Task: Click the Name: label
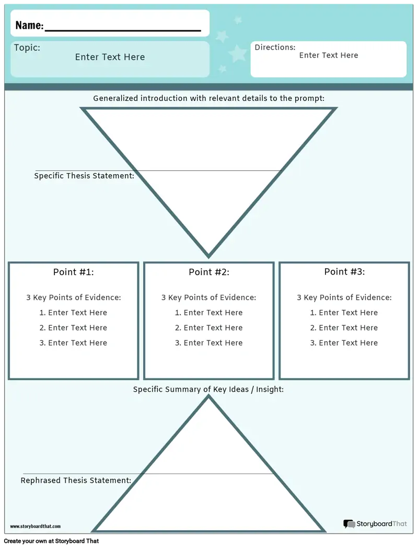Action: [29, 25]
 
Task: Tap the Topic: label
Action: [27, 48]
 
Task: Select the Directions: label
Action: [275, 47]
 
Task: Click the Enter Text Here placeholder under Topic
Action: [110, 57]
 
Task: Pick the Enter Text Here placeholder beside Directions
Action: [329, 55]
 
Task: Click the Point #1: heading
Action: [73, 272]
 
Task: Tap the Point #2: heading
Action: [209, 272]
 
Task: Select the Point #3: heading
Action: [344, 271]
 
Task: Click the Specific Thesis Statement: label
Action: [84, 176]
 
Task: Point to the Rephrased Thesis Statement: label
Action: [76, 481]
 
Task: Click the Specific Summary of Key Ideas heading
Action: [208, 390]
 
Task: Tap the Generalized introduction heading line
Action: [209, 98]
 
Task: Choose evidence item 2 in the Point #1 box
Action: [73, 328]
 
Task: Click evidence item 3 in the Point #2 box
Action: [209, 343]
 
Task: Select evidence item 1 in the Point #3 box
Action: [344, 313]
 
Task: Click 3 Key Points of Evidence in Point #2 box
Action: [208, 298]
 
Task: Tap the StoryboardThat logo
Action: [375, 523]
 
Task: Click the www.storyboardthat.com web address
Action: [36, 527]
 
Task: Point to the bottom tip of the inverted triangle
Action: [208, 257]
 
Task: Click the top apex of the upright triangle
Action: [208, 396]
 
